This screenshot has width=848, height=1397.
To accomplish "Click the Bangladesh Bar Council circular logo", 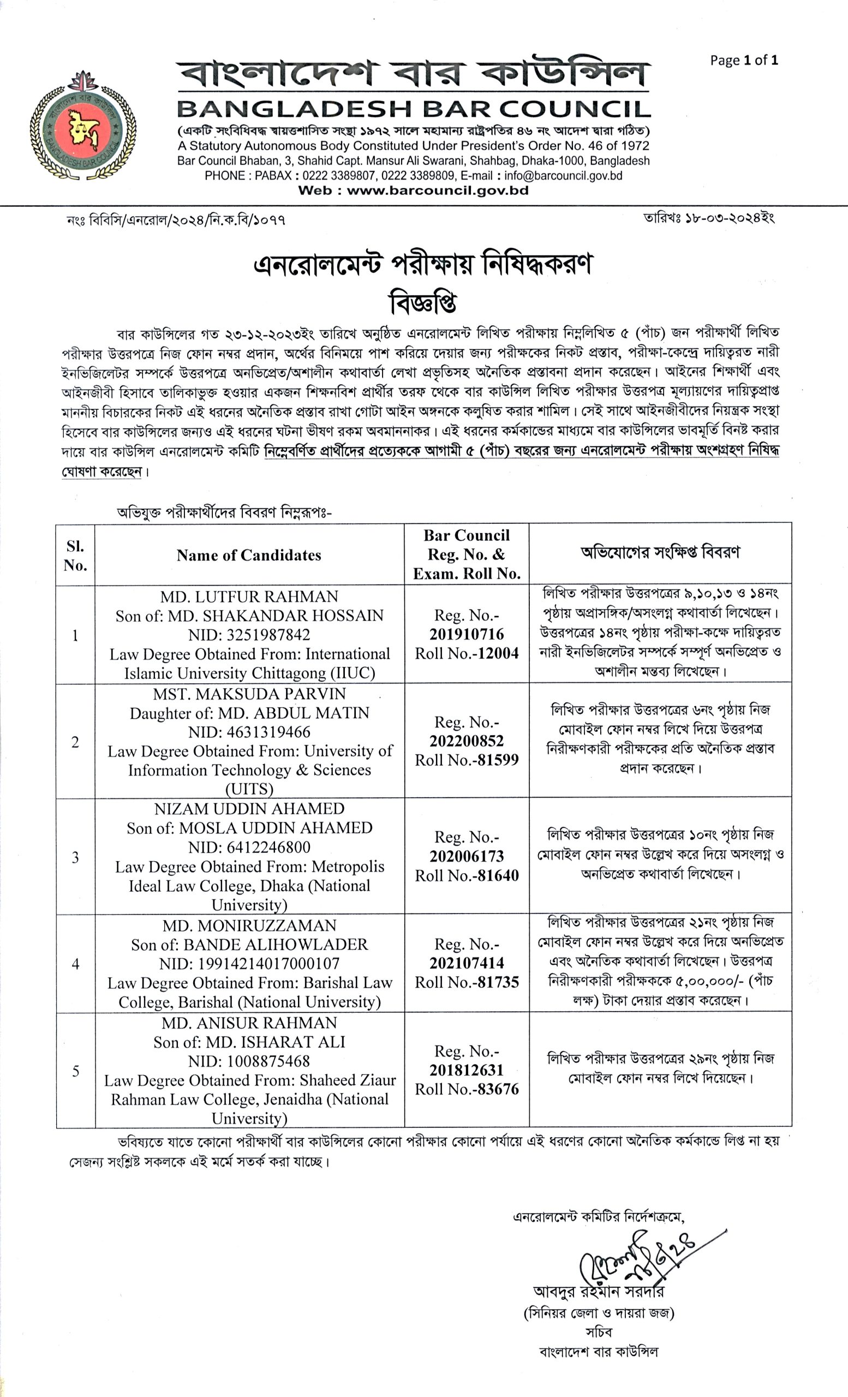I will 83,127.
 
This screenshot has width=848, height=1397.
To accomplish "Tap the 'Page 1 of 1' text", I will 744,60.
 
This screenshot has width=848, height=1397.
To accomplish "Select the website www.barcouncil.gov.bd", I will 437,190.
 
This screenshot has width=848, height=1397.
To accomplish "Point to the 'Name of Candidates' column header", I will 249,555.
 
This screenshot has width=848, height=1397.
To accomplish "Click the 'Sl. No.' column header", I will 75,556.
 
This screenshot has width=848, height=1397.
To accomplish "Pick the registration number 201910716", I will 467,635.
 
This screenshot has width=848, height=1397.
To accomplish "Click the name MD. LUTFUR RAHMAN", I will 249,596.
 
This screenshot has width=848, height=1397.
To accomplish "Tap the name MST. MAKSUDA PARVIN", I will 249,694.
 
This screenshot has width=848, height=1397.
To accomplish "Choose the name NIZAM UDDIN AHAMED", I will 249,809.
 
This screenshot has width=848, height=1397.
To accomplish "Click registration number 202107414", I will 467,963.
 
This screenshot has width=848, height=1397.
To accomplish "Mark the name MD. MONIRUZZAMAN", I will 249,926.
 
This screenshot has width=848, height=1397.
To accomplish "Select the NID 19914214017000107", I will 268,964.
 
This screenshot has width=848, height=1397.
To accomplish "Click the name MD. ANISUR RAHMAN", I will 249,1023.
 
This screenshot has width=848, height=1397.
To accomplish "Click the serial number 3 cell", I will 75,858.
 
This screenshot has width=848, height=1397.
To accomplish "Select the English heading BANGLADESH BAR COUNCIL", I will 413,109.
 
